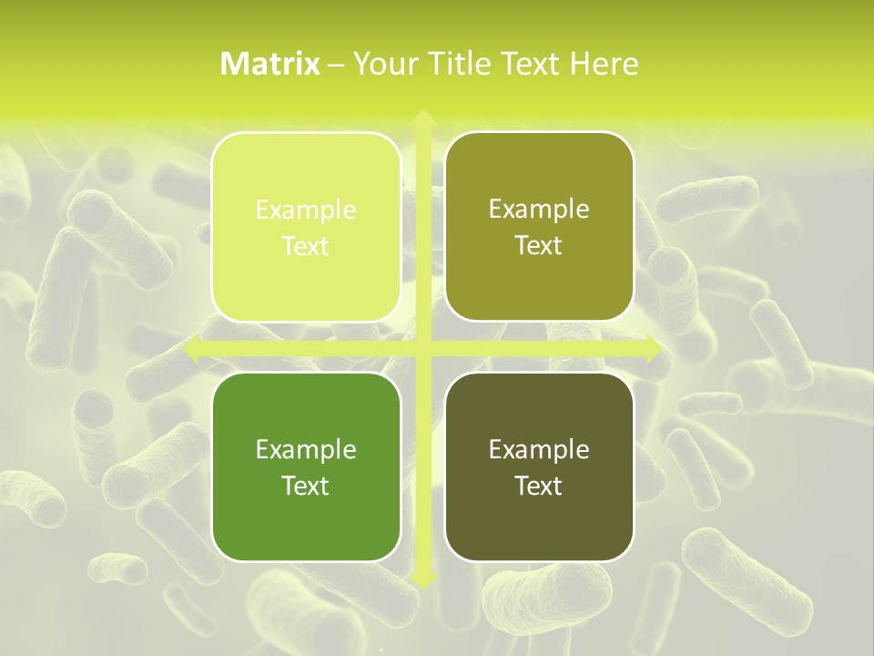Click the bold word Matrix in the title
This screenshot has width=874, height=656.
pos(270,64)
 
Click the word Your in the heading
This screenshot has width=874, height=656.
pos(382,64)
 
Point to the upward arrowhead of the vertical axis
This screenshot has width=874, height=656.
pos(422,118)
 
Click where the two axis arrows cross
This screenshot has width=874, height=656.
pos(422,349)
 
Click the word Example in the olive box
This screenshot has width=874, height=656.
pos(539,210)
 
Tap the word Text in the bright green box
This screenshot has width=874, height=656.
pos(306,486)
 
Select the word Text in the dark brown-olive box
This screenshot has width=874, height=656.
pos(539,486)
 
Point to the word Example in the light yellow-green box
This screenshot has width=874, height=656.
pos(306,210)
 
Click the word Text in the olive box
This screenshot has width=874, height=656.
pos(539,246)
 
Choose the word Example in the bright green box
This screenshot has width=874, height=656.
pos(306,449)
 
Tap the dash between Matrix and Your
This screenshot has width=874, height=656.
pos(336,65)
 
